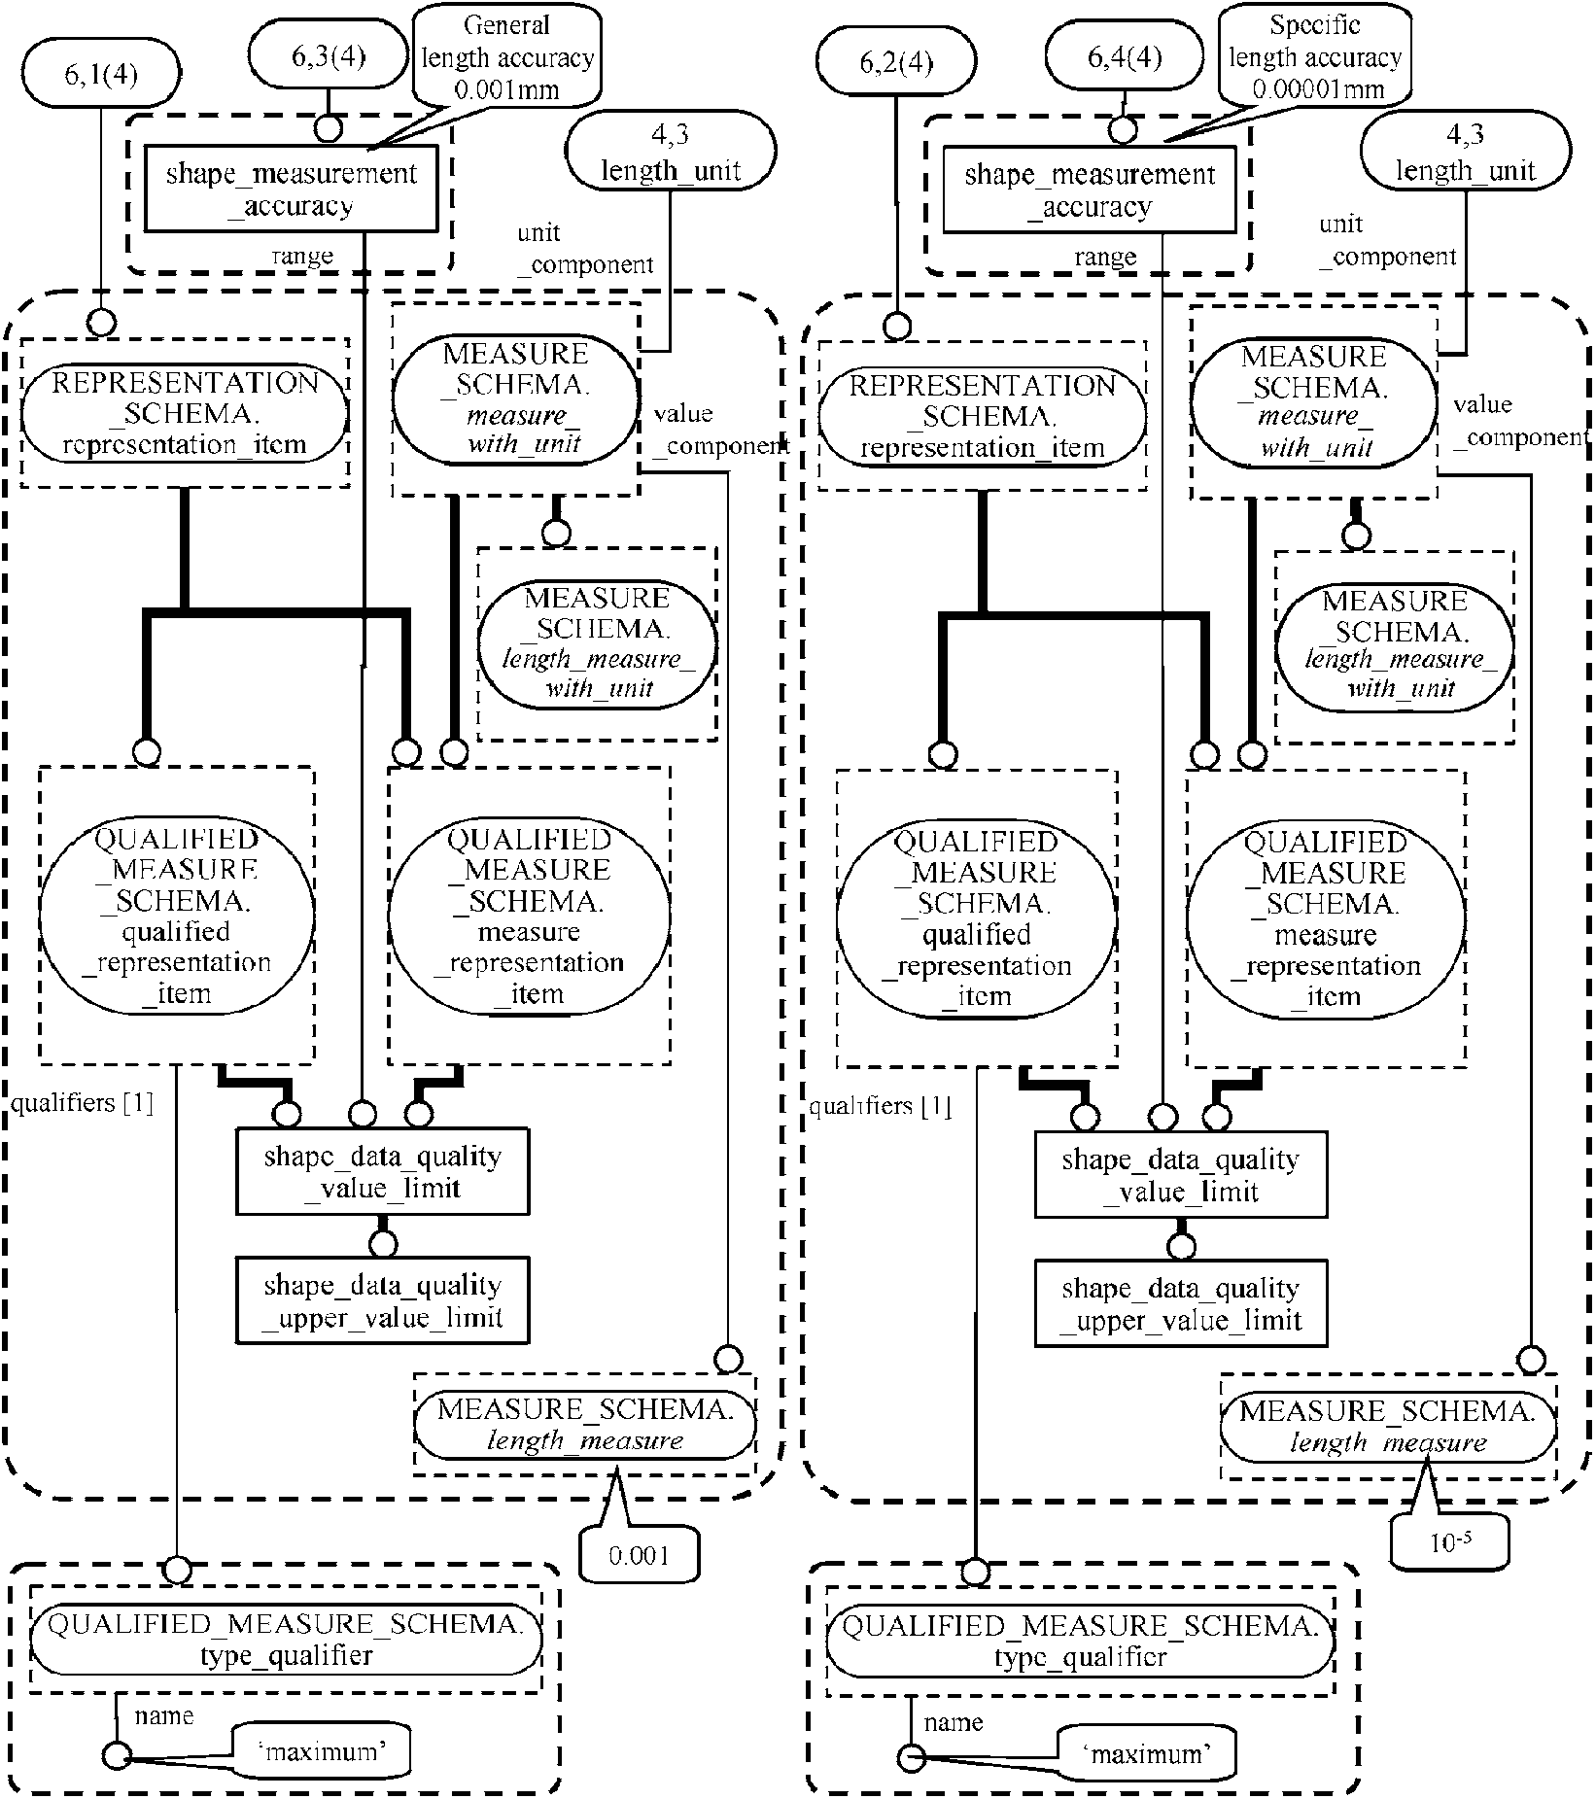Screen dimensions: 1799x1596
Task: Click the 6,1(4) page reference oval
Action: tap(101, 74)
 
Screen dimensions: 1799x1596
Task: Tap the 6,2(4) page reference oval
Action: tap(895, 63)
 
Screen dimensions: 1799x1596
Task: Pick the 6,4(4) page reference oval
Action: tap(1124, 58)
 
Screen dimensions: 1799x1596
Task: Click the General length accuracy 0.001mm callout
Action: tap(506, 57)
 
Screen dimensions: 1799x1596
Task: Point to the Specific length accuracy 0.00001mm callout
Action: tap(1314, 57)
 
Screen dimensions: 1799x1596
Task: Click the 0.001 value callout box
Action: tap(639, 1556)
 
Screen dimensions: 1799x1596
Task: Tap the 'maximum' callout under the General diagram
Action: tap(321, 1752)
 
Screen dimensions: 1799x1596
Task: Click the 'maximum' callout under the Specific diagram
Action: tap(1146, 1754)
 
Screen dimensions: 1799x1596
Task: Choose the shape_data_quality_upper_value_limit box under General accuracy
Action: tap(382, 1301)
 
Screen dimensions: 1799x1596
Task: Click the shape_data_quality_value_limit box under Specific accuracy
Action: tap(1180, 1175)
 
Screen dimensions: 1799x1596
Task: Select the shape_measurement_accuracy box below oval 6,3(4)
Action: tap(291, 190)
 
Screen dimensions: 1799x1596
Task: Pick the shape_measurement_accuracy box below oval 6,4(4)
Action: tap(1089, 190)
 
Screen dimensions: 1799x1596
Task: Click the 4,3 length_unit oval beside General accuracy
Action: tap(671, 153)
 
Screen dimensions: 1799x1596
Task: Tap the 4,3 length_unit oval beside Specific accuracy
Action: tap(1465, 153)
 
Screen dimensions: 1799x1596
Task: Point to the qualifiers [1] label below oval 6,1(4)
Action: tap(83, 1104)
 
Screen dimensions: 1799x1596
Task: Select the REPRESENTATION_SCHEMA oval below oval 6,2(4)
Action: tap(982, 417)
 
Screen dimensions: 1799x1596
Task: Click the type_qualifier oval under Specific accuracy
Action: tap(1079, 1641)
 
